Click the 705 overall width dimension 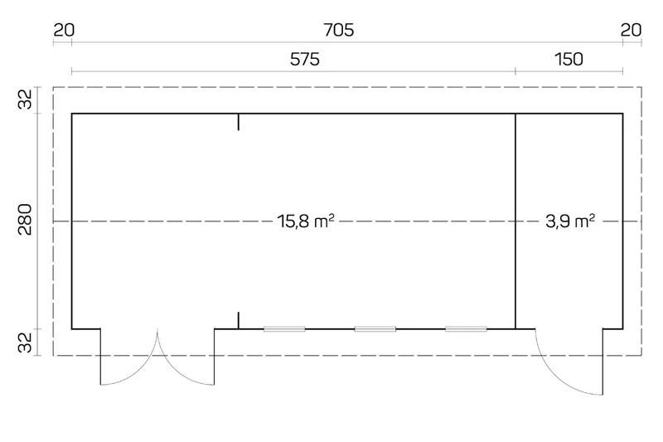click(x=338, y=30)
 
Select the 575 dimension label click(x=304, y=59)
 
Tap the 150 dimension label click(x=569, y=59)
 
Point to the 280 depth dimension click(x=25, y=220)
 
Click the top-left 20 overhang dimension click(x=64, y=30)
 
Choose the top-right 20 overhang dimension click(x=631, y=30)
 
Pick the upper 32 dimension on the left click(x=25, y=100)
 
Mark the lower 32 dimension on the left click(x=25, y=342)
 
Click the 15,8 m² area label click(x=306, y=221)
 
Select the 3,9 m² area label click(x=570, y=221)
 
